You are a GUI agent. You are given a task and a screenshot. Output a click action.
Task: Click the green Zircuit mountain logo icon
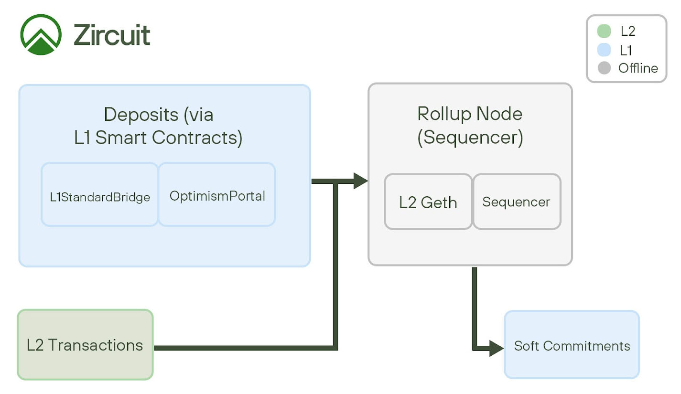click(x=41, y=35)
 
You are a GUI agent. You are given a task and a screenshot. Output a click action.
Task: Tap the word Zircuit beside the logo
click(x=111, y=35)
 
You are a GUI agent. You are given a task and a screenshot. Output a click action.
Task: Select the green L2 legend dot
click(x=604, y=31)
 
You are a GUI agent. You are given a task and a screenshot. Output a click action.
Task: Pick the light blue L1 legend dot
click(x=604, y=50)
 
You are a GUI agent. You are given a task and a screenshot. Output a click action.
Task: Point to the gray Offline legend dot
click(x=604, y=68)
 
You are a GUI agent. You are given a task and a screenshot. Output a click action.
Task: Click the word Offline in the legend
click(x=638, y=68)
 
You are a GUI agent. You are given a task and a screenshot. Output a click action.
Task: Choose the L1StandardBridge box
click(x=100, y=194)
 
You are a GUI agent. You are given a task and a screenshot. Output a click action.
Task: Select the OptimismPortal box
click(x=217, y=194)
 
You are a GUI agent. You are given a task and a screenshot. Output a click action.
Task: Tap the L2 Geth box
click(x=428, y=202)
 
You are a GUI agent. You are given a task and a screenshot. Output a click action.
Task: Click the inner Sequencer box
click(x=517, y=202)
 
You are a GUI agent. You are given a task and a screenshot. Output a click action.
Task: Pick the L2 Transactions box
click(x=85, y=344)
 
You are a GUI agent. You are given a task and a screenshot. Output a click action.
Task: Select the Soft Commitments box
click(x=572, y=344)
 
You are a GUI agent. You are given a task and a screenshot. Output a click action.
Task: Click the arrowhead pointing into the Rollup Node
click(x=360, y=181)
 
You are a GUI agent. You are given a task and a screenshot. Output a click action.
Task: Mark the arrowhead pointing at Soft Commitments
click(x=497, y=348)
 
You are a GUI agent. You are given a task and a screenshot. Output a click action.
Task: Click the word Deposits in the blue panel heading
click(x=141, y=115)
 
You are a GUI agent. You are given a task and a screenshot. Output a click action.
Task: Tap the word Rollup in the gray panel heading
click(x=444, y=115)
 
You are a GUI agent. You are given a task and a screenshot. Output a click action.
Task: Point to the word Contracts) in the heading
click(x=197, y=138)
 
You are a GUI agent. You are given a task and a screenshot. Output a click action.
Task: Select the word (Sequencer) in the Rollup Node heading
click(x=470, y=138)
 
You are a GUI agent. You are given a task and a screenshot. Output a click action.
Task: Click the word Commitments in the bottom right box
click(x=586, y=346)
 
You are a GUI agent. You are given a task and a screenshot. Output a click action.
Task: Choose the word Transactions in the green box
click(x=96, y=345)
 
